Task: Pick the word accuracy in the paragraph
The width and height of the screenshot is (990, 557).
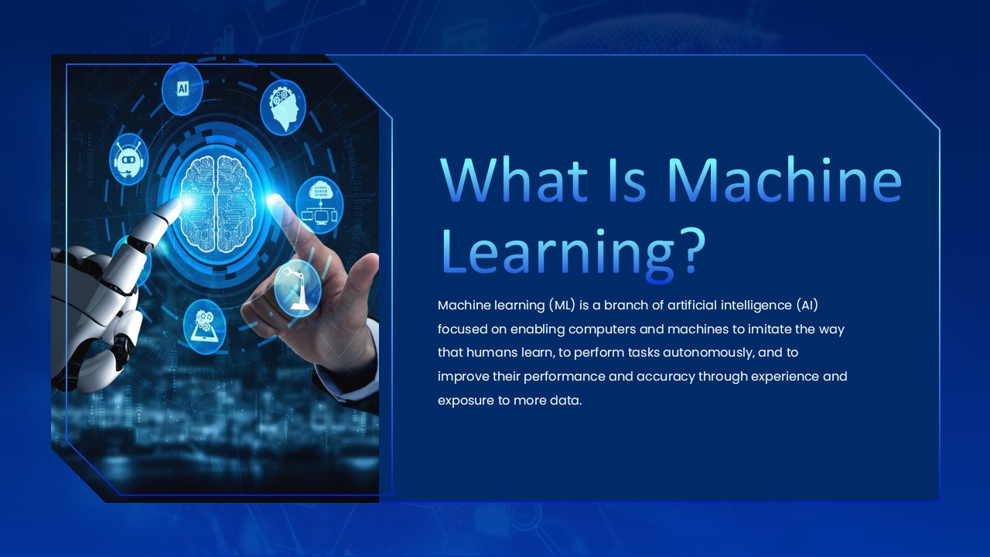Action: point(658,377)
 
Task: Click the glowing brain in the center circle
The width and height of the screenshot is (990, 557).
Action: point(217,203)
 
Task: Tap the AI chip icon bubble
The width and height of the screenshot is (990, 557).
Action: point(183,88)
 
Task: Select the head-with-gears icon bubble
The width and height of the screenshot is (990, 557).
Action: point(283,108)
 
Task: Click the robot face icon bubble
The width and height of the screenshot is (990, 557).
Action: point(128,159)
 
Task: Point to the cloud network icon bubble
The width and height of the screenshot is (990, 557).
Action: point(319,204)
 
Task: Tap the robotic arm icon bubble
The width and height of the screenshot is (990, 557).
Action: point(298,288)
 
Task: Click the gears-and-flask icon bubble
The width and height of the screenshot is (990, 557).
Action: point(205,326)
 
